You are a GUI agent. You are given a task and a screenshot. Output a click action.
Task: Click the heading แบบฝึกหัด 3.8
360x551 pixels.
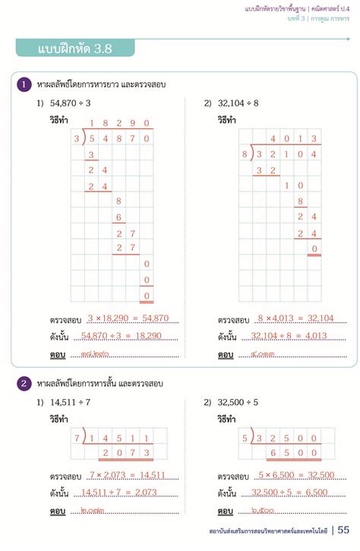click(74, 49)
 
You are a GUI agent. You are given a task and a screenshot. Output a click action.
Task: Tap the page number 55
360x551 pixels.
click(344, 530)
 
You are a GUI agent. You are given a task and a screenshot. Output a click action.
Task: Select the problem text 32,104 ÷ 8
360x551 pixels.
click(238, 103)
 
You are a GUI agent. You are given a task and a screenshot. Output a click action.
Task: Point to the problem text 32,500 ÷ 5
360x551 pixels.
click(238, 401)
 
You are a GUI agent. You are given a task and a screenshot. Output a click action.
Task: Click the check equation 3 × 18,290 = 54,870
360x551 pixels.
click(128, 318)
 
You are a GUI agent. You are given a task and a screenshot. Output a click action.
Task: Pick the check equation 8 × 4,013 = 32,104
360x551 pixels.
click(296, 318)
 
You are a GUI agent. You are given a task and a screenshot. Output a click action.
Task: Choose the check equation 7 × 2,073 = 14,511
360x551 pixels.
click(128, 475)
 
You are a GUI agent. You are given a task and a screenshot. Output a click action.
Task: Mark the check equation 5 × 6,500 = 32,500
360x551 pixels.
click(296, 475)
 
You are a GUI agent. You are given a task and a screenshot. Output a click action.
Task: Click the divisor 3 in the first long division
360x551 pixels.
click(77, 139)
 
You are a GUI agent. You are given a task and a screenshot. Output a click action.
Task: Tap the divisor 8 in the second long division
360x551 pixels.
click(245, 154)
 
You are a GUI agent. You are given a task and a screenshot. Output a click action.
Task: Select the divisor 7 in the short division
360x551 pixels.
click(77, 439)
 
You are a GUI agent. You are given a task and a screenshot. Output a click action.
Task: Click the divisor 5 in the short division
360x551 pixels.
click(245, 439)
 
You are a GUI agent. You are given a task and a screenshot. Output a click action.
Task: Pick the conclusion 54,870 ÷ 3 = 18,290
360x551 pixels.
click(128, 335)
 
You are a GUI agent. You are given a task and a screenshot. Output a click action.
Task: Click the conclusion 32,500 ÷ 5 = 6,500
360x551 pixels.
click(296, 492)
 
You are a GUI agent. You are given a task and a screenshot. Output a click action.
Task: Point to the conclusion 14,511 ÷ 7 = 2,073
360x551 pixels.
click(128, 492)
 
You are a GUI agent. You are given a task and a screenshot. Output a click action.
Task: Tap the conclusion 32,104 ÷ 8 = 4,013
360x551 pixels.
click(296, 335)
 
